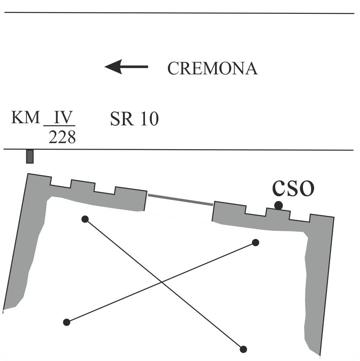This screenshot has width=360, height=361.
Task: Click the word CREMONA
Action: [212, 68]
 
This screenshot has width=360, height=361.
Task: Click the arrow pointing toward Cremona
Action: [126, 67]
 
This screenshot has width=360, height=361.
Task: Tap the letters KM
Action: [26, 118]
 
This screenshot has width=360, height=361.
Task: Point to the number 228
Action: [62, 137]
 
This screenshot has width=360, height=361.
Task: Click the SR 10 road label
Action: [135, 119]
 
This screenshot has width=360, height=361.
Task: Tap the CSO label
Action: [293, 188]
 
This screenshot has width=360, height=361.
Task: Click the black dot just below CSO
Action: [278, 205]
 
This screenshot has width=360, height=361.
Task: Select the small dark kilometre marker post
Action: [30, 157]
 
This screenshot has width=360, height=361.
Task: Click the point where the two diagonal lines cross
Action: [161, 282]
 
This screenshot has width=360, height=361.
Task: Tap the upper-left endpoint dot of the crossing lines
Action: [85, 219]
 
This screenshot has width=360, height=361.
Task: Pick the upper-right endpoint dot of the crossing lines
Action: [255, 243]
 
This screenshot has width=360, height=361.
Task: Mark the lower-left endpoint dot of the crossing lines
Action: [67, 322]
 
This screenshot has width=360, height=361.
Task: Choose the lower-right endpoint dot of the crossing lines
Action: [243, 349]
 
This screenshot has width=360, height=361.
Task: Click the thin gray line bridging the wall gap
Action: [180, 200]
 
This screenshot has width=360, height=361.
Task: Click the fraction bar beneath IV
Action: [59, 126]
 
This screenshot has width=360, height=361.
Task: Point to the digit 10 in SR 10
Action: [150, 119]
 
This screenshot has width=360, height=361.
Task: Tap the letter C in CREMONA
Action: [174, 68]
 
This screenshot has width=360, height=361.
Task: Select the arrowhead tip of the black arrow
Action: [105, 67]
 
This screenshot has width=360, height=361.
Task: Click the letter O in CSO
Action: [306, 188]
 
